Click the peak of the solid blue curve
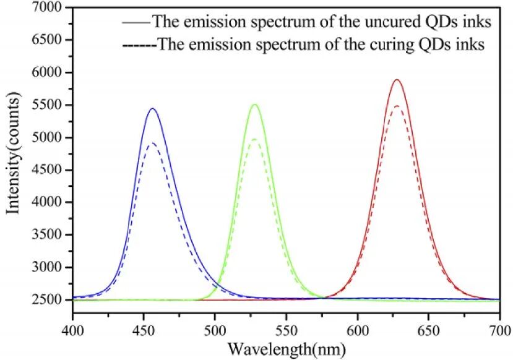pyautogui.click(x=152, y=109)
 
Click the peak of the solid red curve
pyautogui.click(x=397, y=80)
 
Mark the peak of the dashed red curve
pyautogui.click(x=397, y=106)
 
